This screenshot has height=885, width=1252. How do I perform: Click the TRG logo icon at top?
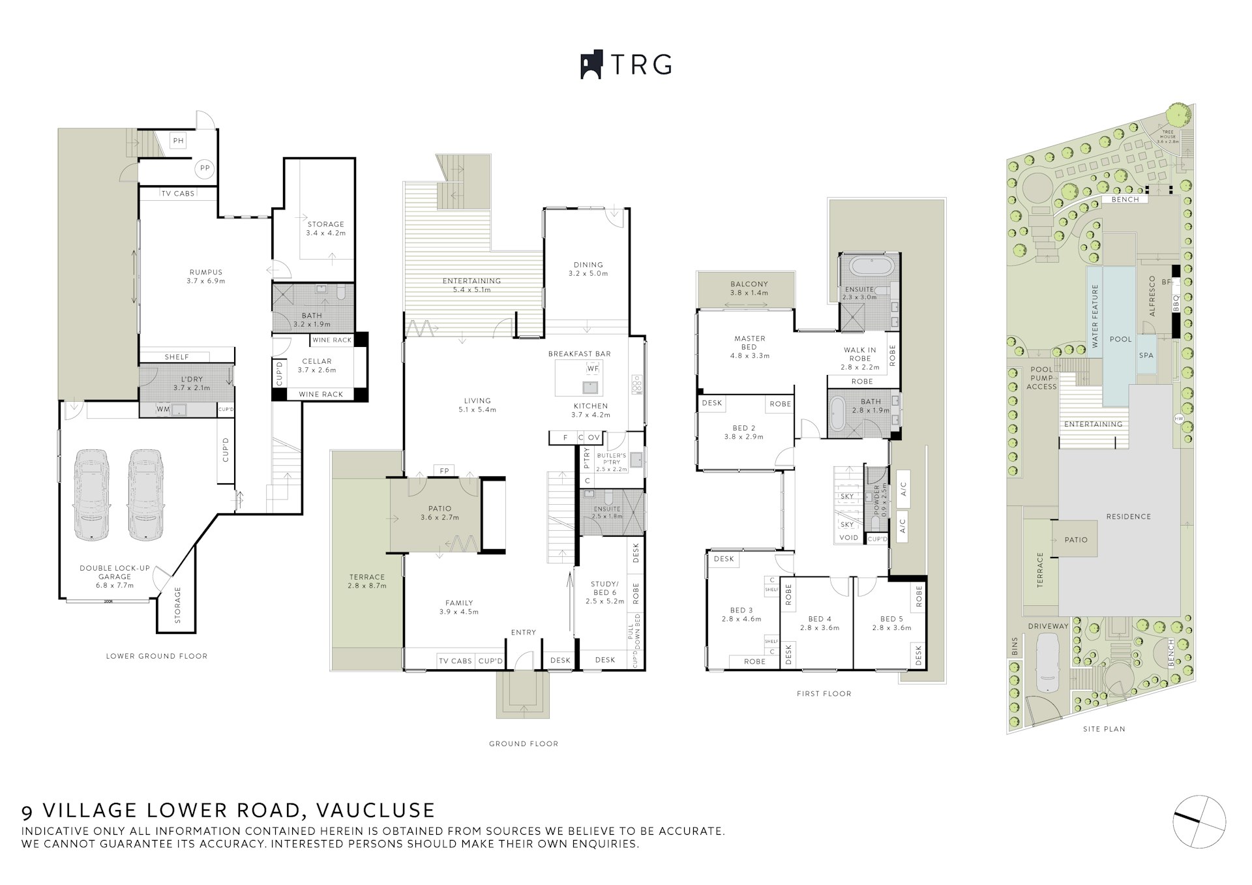[590, 65]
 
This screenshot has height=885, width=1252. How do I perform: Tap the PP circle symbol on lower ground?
[205, 168]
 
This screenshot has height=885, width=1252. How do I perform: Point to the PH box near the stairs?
[178, 140]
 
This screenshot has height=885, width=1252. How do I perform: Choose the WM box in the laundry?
[163, 410]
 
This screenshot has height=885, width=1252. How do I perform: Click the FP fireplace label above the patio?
[444, 470]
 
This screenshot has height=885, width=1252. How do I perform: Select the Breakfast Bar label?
[579, 353]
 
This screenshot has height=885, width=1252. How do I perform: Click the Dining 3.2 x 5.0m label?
[588, 269]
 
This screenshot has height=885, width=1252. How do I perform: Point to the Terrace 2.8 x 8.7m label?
[366, 580]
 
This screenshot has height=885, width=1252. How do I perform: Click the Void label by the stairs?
[848, 538]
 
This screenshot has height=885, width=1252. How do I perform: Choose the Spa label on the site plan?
[1146, 355]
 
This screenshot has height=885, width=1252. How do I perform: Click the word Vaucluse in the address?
[375, 810]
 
